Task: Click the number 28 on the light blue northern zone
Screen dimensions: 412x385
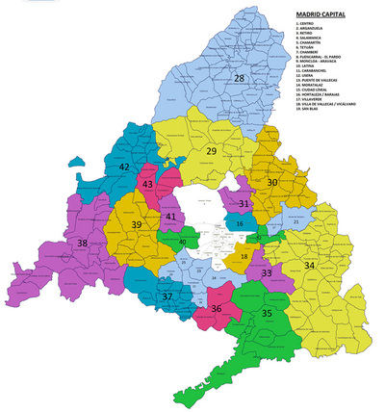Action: [239, 78]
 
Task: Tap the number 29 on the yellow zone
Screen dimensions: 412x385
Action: [212, 150]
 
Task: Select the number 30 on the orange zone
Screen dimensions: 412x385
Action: [272, 182]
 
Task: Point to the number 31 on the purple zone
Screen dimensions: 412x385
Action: [244, 204]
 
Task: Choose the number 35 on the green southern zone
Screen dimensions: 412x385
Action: [267, 314]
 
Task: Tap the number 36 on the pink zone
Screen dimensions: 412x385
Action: [216, 309]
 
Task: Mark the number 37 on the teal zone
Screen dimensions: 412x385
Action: [167, 297]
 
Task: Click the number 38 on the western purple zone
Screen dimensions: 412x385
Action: [83, 244]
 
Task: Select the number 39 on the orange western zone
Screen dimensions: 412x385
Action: [137, 224]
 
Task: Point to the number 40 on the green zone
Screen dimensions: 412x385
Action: [182, 242]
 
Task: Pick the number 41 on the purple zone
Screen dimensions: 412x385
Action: [170, 217]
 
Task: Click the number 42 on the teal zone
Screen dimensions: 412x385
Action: [124, 167]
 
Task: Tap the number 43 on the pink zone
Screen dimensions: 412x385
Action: [147, 183]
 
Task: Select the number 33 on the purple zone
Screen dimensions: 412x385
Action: [267, 274]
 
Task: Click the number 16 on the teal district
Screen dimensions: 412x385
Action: [240, 223]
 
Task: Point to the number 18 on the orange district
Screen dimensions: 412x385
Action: [244, 257]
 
